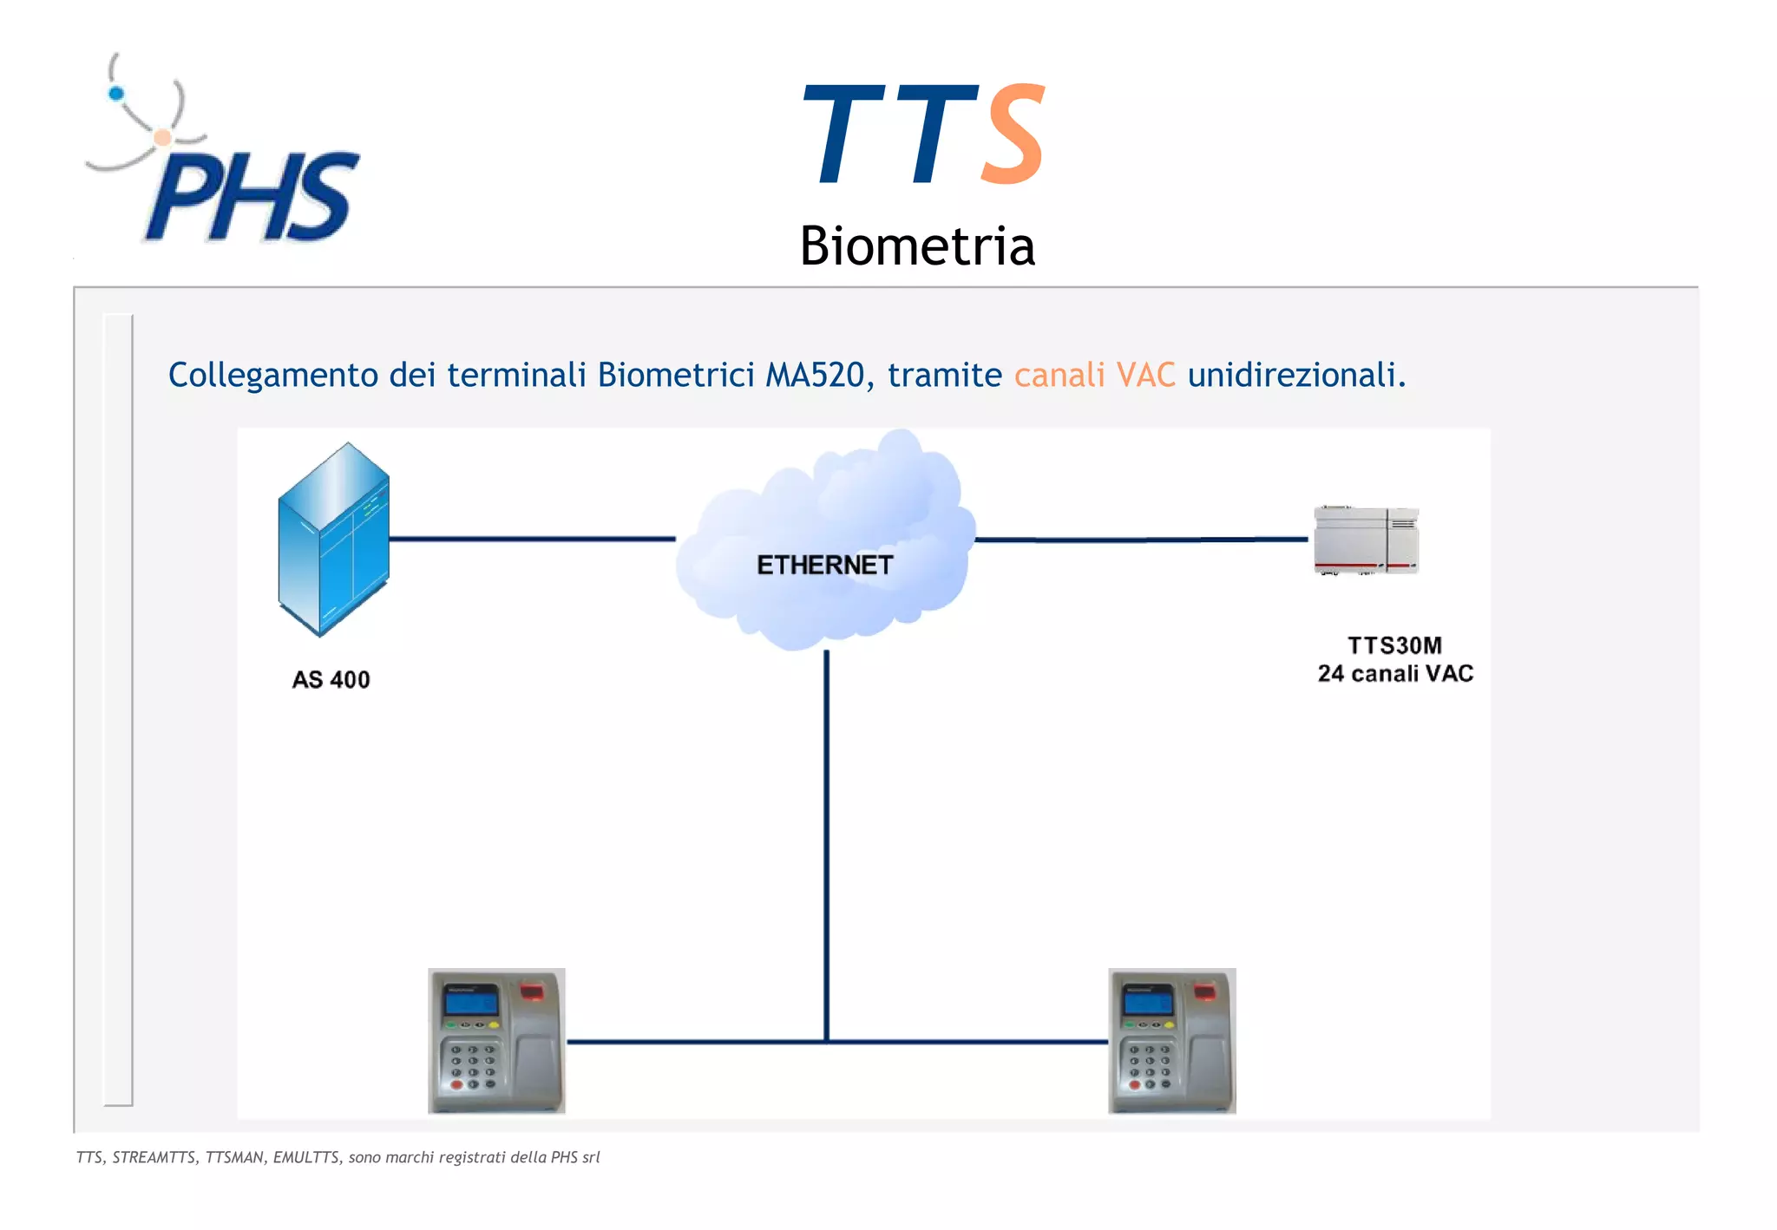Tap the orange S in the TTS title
tap(1013, 136)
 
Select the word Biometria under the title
tap(917, 246)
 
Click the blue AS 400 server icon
tap(333, 540)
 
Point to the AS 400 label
tap(331, 679)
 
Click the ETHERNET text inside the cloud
tap(824, 566)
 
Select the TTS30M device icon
tap(1366, 540)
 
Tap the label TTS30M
tap(1394, 645)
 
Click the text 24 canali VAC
tap(1395, 674)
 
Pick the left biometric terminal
tap(496, 1040)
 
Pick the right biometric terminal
tap(1171, 1040)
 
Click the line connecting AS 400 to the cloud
tap(531, 539)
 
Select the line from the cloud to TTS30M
tap(1141, 540)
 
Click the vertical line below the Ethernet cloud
tap(826, 841)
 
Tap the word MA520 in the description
tap(815, 376)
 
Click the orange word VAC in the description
tap(1145, 376)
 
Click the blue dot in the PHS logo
tap(116, 94)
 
